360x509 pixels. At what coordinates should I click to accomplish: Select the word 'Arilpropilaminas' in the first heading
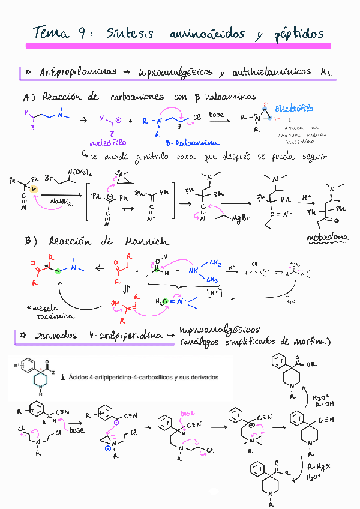(x=78, y=72)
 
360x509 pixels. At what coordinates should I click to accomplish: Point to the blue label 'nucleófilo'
(x=107, y=143)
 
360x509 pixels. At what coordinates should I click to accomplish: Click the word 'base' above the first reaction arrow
(x=217, y=113)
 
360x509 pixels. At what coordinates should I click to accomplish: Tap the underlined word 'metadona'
(x=328, y=238)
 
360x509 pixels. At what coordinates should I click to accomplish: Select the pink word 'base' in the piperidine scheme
(x=187, y=414)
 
